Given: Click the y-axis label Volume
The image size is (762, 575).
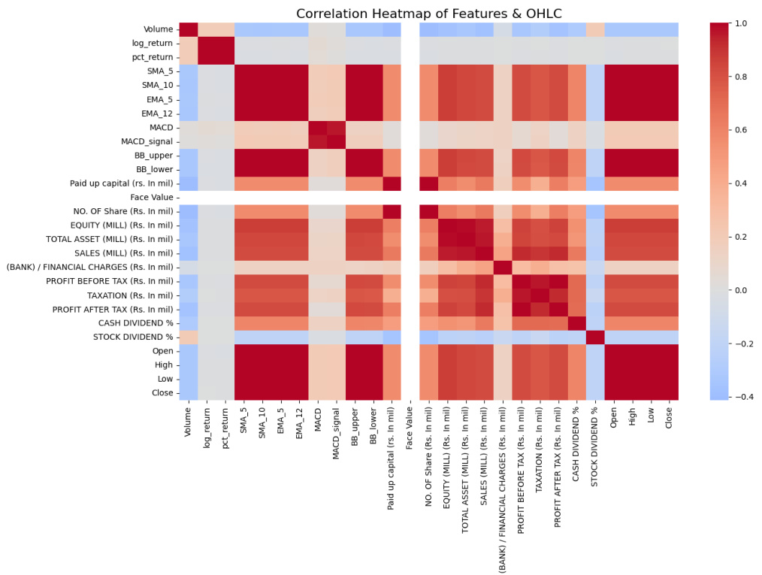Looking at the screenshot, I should point(158,30).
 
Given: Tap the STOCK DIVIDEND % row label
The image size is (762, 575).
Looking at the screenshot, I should point(132,337).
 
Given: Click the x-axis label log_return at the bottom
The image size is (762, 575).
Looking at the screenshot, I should point(207,429).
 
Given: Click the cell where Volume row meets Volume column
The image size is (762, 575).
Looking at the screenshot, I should point(188,30).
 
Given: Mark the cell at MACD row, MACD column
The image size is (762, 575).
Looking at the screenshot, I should point(317,128).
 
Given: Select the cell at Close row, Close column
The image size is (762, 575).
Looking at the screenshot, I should point(669,392).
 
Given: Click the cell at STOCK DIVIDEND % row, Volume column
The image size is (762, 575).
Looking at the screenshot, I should point(188,337).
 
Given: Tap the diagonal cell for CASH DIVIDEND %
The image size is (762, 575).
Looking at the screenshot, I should point(576,322).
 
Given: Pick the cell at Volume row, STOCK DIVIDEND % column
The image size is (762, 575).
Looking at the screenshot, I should point(595,30).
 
